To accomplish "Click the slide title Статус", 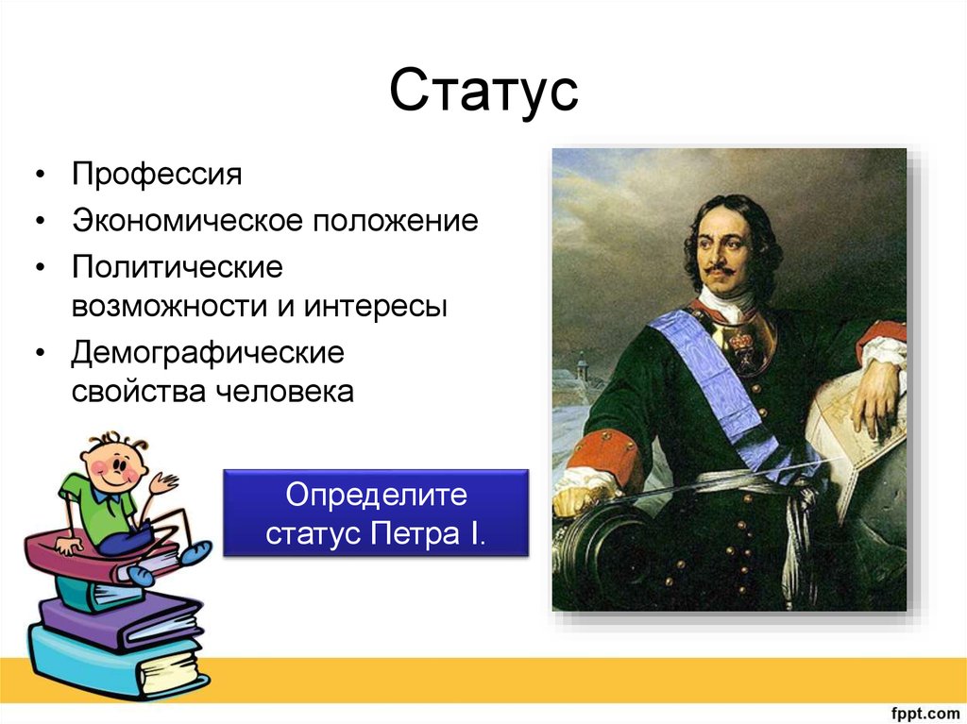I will pos(483,92).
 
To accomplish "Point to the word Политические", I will pos(178,267).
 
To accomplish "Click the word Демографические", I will pos(209,354).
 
